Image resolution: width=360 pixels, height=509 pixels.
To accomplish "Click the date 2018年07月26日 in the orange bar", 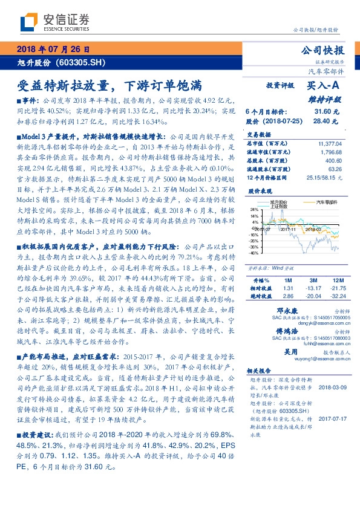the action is tap(54, 48).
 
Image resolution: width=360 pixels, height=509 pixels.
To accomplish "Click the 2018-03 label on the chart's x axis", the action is tap(312, 230).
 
